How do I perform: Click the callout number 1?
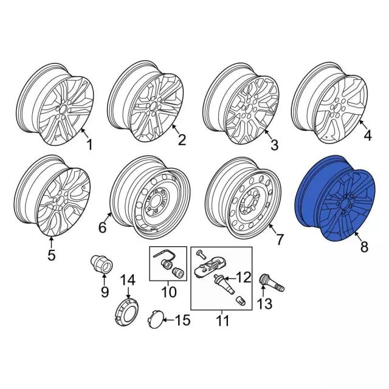89,145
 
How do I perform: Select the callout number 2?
182,140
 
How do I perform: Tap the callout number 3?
274,145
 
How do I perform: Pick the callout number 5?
51,255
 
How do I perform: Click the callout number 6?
103,227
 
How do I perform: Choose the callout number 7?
279,239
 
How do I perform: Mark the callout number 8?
364,247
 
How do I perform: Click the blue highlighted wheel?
336,199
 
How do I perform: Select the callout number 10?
169,292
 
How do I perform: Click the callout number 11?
222,321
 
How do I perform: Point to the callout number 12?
243,277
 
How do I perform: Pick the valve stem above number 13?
272,283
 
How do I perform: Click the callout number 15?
183,320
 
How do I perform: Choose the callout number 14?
128,280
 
